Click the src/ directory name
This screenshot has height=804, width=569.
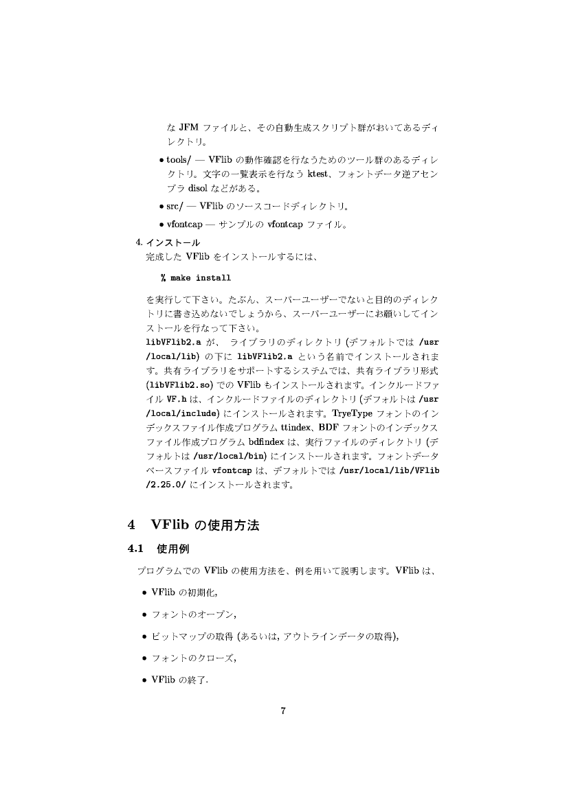176,205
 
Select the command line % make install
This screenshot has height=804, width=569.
196,278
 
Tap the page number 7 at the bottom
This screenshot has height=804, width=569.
283,710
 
